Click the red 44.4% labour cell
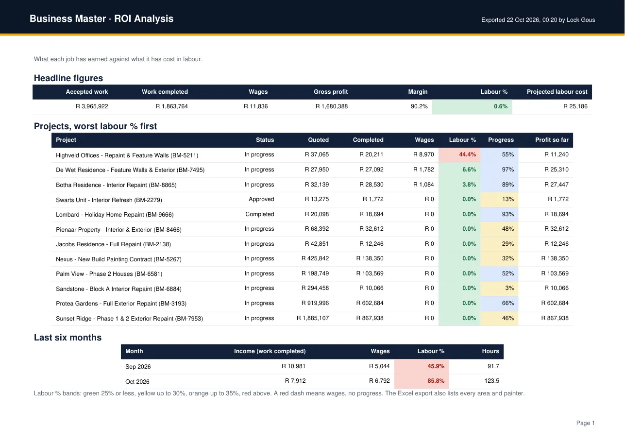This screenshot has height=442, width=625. pos(459,154)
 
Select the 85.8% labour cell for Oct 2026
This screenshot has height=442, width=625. pos(422,381)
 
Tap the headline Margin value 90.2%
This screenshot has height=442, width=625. pos(419,106)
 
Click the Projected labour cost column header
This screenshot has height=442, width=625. pos(557,92)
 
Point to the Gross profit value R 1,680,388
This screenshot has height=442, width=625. pos(332,106)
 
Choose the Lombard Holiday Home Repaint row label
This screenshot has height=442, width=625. pos(115,215)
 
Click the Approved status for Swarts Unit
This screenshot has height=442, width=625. pos(261,199)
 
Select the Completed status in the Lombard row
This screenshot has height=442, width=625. pos(260,214)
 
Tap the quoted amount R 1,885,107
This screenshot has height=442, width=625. pos(313,318)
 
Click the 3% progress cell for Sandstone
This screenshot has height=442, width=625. pos(499,288)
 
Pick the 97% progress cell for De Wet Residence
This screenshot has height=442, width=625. pos(499,170)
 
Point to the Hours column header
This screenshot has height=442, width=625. pos(490,351)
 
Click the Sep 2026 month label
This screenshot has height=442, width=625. pos(138,367)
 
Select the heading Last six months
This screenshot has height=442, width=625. pos(68,338)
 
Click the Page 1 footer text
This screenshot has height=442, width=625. pos(585,423)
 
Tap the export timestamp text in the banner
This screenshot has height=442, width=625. pos(538,20)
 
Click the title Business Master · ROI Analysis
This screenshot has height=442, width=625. pos(101,18)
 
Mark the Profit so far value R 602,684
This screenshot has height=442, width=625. pos(555,303)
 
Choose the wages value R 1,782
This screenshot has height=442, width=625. pos(423,170)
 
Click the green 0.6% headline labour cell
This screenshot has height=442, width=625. pos(472,106)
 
